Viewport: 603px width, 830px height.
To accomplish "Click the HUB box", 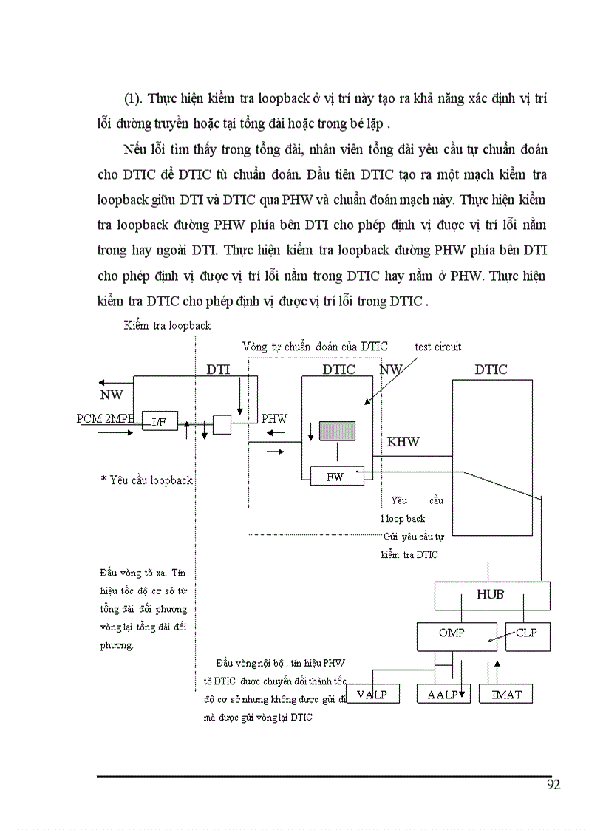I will click(x=491, y=595).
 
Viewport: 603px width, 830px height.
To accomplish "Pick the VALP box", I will click(x=372, y=694).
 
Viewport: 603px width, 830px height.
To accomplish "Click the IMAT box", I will click(x=505, y=694).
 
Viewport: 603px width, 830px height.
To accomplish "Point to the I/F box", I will click(x=159, y=421).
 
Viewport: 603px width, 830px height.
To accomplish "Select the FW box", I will click(x=336, y=477).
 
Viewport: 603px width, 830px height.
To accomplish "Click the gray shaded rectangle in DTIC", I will click(x=337, y=431).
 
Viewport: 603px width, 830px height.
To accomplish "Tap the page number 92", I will click(x=553, y=784).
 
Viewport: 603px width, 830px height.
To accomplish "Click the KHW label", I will click(x=403, y=442).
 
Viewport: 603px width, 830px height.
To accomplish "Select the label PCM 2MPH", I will click(x=106, y=418).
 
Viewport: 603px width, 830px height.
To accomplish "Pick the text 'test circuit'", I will click(x=438, y=346).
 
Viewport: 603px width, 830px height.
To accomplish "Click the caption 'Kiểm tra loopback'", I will click(x=168, y=325).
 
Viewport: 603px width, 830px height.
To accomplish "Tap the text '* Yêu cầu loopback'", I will click(x=146, y=480).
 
